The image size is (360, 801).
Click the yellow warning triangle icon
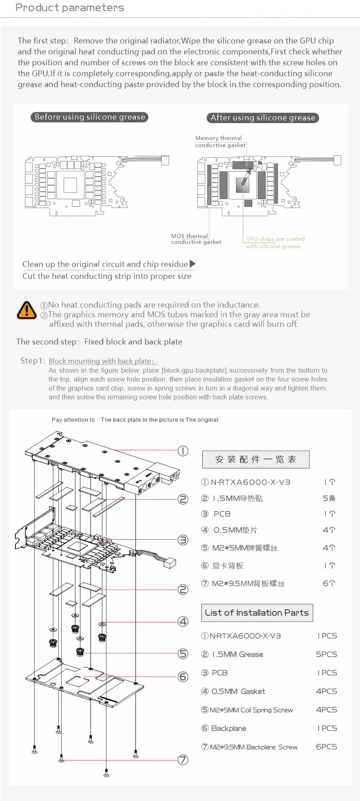point(26,310)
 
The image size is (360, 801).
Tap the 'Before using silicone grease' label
point(90,117)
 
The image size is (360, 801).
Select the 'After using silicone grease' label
point(263,118)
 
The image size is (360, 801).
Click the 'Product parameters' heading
point(70,8)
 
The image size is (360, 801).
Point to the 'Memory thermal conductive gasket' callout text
point(220,141)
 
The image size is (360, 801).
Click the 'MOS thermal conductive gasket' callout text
point(195,239)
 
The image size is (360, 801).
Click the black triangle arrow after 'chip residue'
point(193,264)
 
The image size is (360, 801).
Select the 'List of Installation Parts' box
point(257,612)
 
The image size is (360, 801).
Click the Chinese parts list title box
point(255,459)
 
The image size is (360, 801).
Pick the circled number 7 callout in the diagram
point(183,760)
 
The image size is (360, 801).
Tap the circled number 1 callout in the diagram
point(183,451)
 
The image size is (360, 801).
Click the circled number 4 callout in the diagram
point(183,622)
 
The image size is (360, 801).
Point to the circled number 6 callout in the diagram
point(183,677)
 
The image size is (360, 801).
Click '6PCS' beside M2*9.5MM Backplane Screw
point(326,746)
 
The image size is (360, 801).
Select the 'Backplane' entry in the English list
point(229,728)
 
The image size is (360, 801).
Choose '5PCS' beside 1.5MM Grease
point(326,654)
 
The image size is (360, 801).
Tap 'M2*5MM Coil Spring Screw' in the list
point(251,710)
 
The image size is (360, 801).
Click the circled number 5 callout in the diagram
point(183,653)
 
